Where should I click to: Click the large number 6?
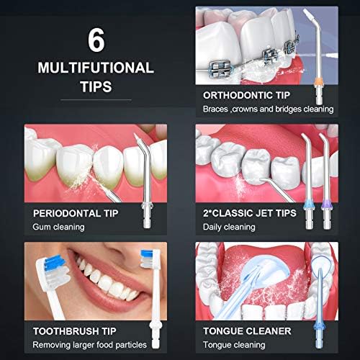pyautogui.click(x=96, y=40)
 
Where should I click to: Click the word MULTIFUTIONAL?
pyautogui.click(x=96, y=68)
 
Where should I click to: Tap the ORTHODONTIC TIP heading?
pyautogui.click(x=246, y=95)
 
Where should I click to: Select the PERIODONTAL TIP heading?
pyautogui.click(x=76, y=213)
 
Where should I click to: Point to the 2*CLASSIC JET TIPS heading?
pyautogui.click(x=250, y=213)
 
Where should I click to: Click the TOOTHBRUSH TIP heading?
pyautogui.click(x=75, y=331)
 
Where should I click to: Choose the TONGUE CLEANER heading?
pyautogui.click(x=247, y=331)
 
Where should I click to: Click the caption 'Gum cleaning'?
pyautogui.click(x=58, y=227)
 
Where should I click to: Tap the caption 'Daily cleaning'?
pyautogui.click(x=229, y=227)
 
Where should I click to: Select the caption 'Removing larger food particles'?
pyautogui.click(x=89, y=345)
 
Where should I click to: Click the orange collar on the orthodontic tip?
pyautogui.click(x=318, y=82)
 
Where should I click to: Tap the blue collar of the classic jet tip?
pyautogui.click(x=308, y=205)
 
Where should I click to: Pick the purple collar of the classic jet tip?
pyautogui.click(x=325, y=205)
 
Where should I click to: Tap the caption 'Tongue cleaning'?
pyautogui.click(x=234, y=345)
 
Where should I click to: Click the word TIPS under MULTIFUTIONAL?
pyautogui.click(x=96, y=86)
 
